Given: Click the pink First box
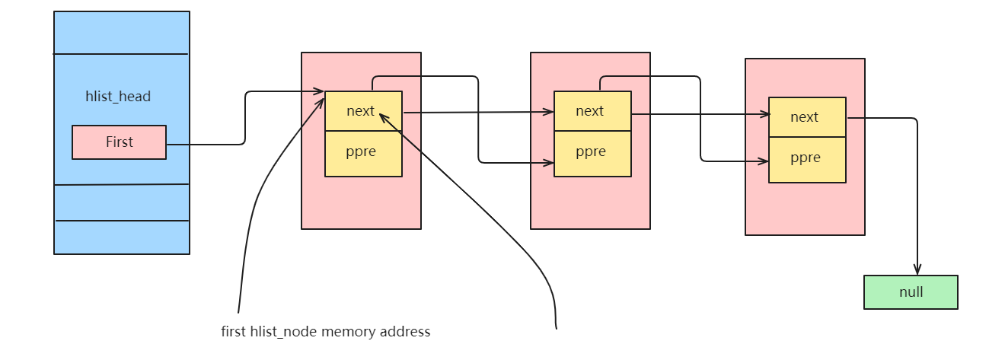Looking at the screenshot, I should point(119,142).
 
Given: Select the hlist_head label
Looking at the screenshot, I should point(118,97).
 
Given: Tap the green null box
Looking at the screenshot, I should point(911,292).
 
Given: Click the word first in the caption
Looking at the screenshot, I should point(234,332).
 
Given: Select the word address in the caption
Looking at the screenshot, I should point(406,332).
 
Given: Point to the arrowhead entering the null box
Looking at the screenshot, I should point(917,269).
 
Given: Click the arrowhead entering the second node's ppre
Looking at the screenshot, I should point(548,162).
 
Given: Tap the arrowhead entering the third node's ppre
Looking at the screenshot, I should point(763,161).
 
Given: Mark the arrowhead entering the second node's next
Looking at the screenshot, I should point(548,112).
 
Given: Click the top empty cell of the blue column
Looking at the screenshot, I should point(121,33).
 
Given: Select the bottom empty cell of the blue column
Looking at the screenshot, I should point(121,237).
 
